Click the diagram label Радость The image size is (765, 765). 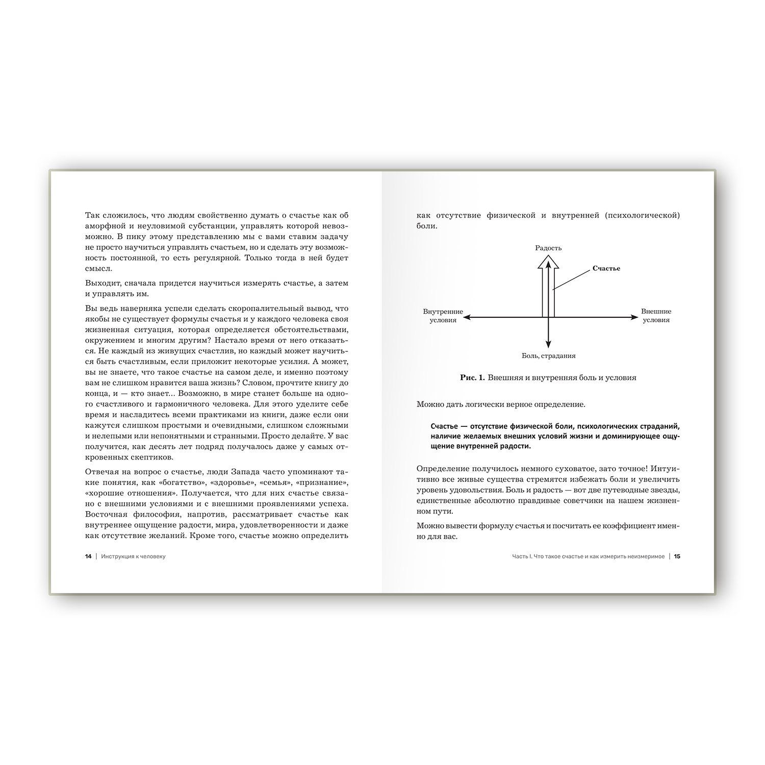point(548,248)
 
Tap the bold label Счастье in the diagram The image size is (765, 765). point(606,268)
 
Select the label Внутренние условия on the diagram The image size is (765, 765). point(443,316)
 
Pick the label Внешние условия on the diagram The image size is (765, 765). point(656,316)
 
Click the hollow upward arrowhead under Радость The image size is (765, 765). point(548,262)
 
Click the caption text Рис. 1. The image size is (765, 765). point(473,378)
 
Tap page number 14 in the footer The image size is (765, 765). point(88,556)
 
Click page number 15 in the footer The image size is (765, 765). point(677,556)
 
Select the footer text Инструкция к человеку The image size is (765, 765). point(134,556)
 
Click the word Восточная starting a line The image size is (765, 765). point(107,515)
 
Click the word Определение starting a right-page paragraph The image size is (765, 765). point(442,468)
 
